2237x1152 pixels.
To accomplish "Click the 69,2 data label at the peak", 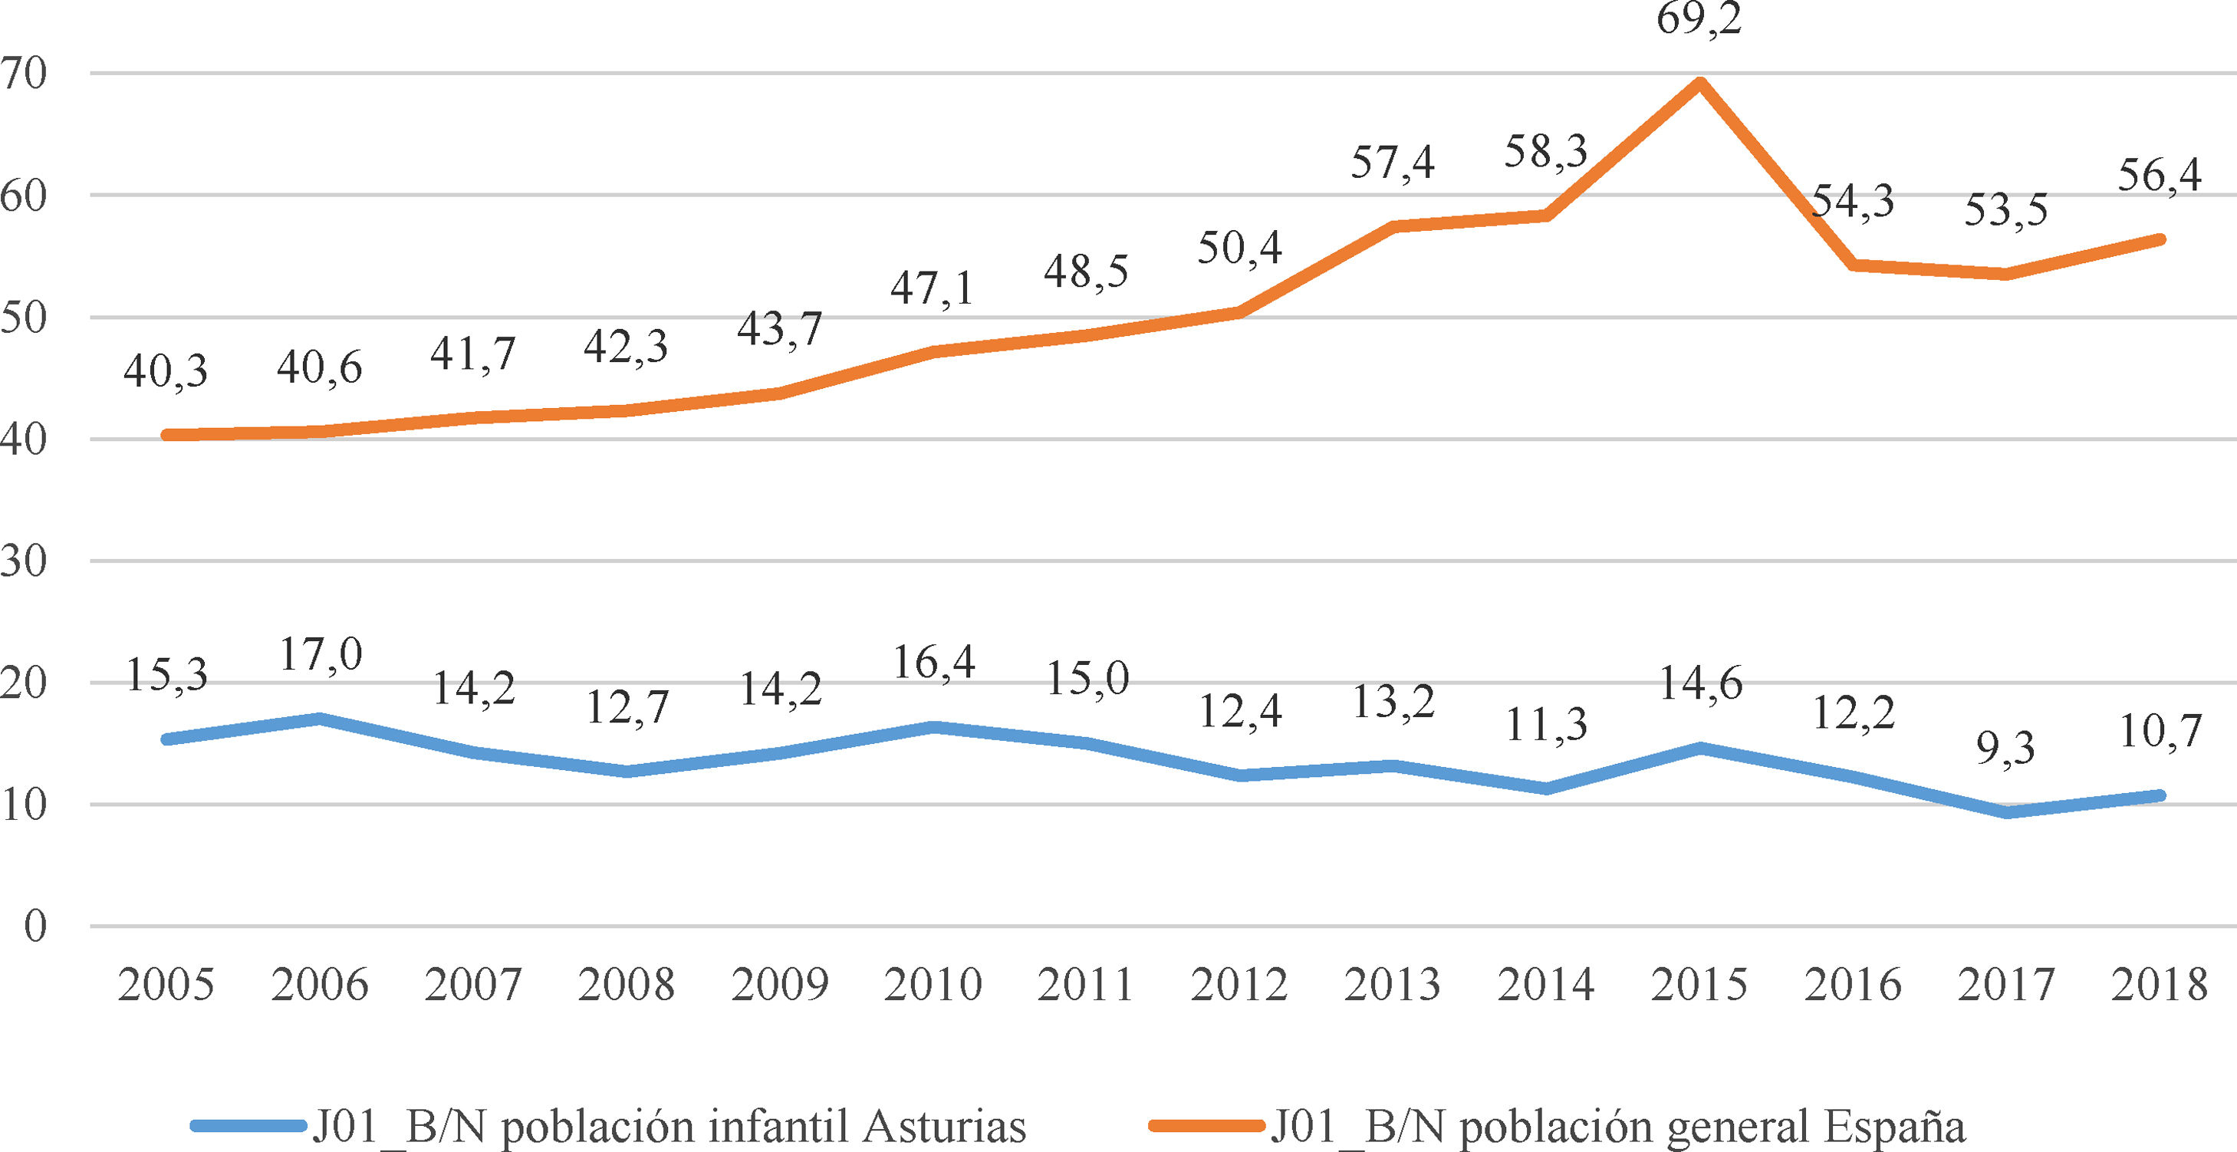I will [x=1699, y=19].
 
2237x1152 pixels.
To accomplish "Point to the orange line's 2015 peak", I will [x=1699, y=84].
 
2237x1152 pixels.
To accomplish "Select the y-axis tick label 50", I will [x=24, y=318].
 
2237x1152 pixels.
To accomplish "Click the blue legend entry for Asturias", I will [x=608, y=1127].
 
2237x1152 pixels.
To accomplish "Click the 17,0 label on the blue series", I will [x=320, y=655].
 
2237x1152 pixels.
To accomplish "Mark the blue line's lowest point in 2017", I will [x=2006, y=812].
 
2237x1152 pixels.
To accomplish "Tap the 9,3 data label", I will [x=2005, y=749].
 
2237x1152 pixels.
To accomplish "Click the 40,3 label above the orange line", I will [x=166, y=372].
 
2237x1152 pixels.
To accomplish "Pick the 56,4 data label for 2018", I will [x=2159, y=176].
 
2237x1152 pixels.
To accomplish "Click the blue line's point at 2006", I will [x=320, y=719].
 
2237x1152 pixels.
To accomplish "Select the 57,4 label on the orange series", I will [x=1392, y=163].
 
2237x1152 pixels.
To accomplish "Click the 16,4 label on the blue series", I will [x=933, y=663].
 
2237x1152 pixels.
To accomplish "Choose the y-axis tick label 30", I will [x=24, y=562].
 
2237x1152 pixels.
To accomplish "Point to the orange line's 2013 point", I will [x=1392, y=227].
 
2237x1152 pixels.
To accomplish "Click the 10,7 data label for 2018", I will [x=2160, y=732].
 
